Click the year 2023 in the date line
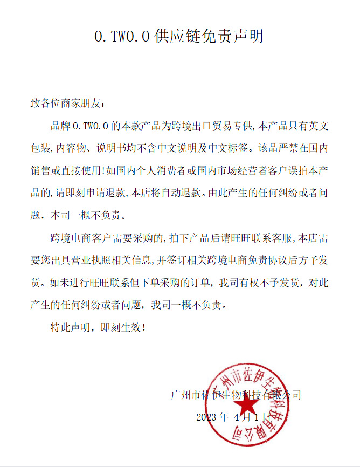[206, 417]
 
